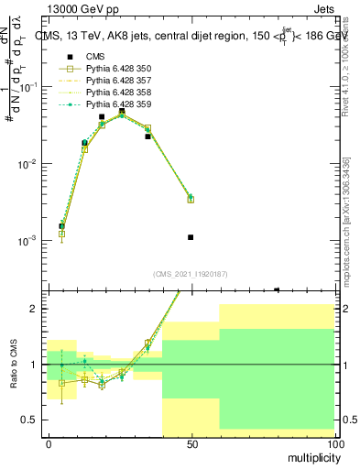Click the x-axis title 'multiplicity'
pyautogui.click(x=312, y=455)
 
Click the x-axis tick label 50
pyautogui.click(x=192, y=444)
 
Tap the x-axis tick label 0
pyautogui.click(x=49, y=444)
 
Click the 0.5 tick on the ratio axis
pyautogui.click(x=30, y=420)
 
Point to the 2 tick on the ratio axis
pyautogui.click(x=33, y=309)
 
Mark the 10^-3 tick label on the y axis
pyautogui.click(x=27, y=241)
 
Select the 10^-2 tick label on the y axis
pyautogui.click(x=27, y=164)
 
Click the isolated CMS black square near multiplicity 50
pyautogui.click(x=191, y=237)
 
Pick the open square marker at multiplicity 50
pyautogui.click(x=191, y=199)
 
